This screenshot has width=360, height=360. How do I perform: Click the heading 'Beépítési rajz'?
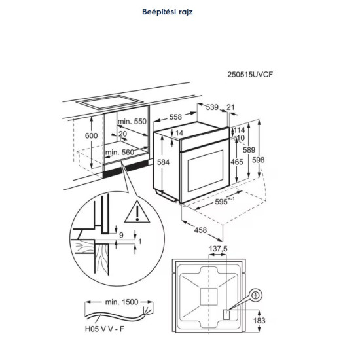click(x=168, y=12)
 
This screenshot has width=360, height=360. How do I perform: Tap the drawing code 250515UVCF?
click(x=250, y=75)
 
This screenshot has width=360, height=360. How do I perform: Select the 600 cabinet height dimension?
click(x=92, y=135)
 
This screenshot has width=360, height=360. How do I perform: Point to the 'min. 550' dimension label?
click(x=132, y=122)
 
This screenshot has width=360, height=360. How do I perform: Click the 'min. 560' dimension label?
click(x=119, y=153)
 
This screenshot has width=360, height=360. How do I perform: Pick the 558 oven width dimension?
click(x=175, y=117)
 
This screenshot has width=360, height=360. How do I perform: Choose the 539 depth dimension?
click(x=212, y=107)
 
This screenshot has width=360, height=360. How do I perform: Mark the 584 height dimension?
click(x=163, y=162)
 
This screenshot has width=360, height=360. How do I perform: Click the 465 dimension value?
click(x=237, y=162)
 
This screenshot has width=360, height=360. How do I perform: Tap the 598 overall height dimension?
click(x=259, y=160)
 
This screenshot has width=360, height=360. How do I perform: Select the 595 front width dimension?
click(x=225, y=201)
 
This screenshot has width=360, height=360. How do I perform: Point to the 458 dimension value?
click(x=200, y=230)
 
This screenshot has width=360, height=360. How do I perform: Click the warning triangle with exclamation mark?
click(x=137, y=212)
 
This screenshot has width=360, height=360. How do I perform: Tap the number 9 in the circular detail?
click(x=122, y=235)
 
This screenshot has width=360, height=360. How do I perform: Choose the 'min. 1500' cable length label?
click(x=122, y=302)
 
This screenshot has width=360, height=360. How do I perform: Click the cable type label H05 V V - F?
click(x=105, y=329)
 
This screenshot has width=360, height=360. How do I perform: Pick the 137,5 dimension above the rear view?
click(x=218, y=249)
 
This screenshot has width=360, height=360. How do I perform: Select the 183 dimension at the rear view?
click(x=259, y=320)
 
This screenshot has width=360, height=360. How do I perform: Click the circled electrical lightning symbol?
click(x=256, y=295)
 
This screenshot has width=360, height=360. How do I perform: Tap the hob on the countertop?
click(x=110, y=101)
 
